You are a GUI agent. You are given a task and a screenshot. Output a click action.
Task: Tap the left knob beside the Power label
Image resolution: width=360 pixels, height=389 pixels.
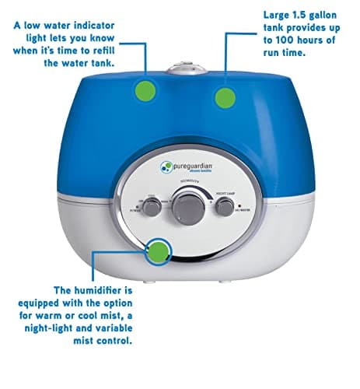[x=152, y=205]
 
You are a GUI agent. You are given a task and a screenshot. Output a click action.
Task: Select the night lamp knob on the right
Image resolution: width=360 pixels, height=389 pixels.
[x=224, y=206]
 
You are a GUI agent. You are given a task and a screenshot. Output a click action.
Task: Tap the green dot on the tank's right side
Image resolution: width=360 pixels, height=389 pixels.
[x=225, y=97]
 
